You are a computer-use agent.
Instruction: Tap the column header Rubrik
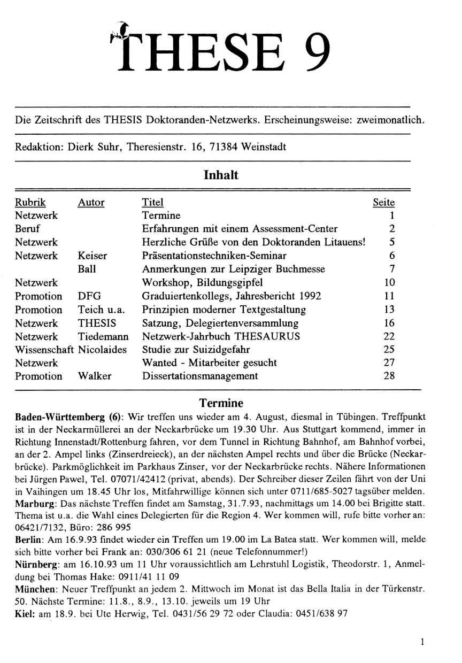(x=30, y=203)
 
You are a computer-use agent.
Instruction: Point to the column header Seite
(x=383, y=203)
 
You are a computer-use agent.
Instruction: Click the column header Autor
(x=91, y=203)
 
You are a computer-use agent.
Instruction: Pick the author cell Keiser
(x=93, y=256)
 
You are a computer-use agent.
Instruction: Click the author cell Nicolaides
(x=103, y=350)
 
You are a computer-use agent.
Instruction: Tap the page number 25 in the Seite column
(x=389, y=350)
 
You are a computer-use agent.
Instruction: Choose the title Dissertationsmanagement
(x=200, y=376)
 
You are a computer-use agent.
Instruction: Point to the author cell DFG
(x=89, y=296)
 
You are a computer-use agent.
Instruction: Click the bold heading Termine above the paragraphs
(x=221, y=402)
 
